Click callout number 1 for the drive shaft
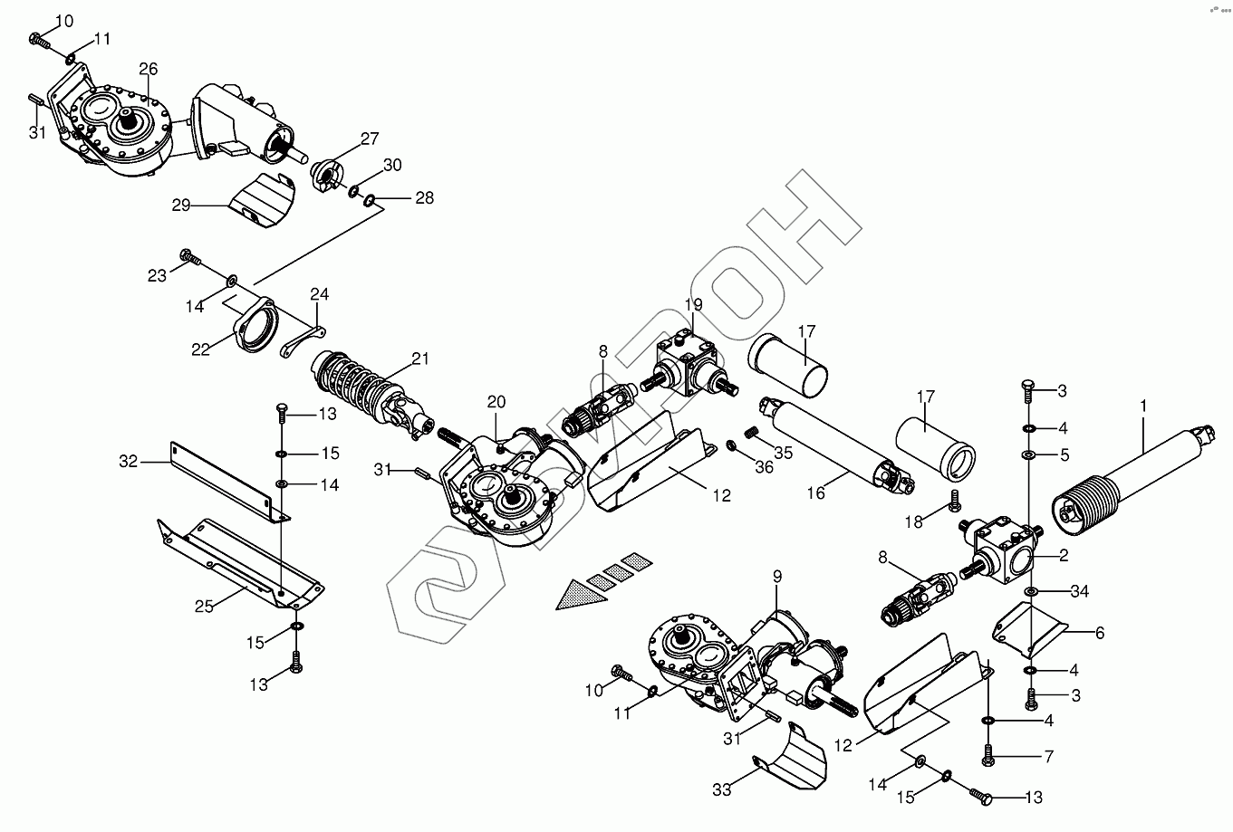1143,406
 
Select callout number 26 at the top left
149,69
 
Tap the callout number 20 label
496,402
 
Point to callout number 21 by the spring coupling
419,359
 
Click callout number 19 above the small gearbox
693,304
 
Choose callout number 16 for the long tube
816,493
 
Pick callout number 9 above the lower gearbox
776,575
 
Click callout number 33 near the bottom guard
721,789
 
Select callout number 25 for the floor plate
205,606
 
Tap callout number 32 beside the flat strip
128,461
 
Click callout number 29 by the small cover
180,206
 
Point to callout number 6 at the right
1099,633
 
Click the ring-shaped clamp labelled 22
255,326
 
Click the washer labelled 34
1031,592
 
